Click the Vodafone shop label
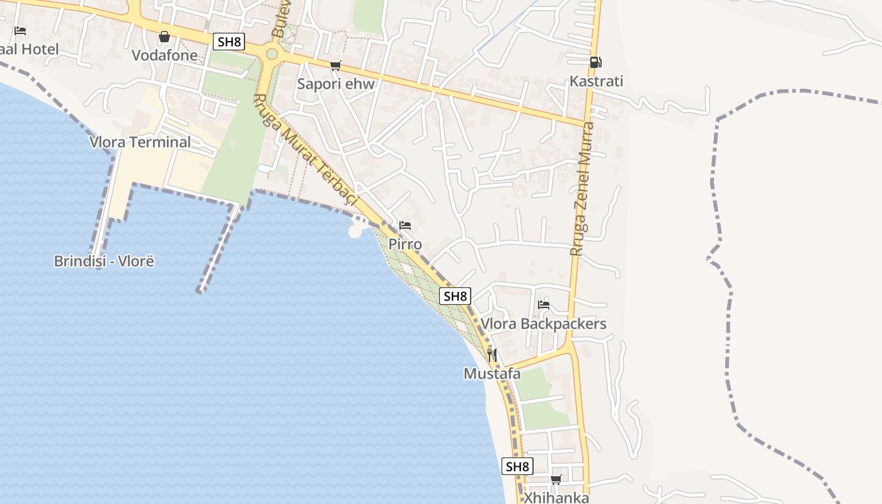click(x=164, y=55)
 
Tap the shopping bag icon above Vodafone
click(x=164, y=37)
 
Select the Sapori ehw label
click(x=336, y=84)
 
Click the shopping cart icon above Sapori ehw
click(x=336, y=66)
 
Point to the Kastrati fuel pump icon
click(x=595, y=62)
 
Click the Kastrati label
click(x=596, y=81)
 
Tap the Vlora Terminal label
click(x=140, y=142)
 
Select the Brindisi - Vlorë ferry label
click(x=104, y=261)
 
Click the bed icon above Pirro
click(x=405, y=225)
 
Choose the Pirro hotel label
click(x=405, y=244)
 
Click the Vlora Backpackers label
click(x=543, y=324)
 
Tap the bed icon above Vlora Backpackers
click(x=544, y=305)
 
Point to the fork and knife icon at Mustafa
click(x=492, y=355)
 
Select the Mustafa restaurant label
click(x=492, y=374)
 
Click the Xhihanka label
click(x=556, y=498)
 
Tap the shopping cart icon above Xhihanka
click(x=556, y=479)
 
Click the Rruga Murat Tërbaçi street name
click(x=306, y=150)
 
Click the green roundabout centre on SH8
click(x=272, y=54)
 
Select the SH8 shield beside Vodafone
click(x=229, y=42)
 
